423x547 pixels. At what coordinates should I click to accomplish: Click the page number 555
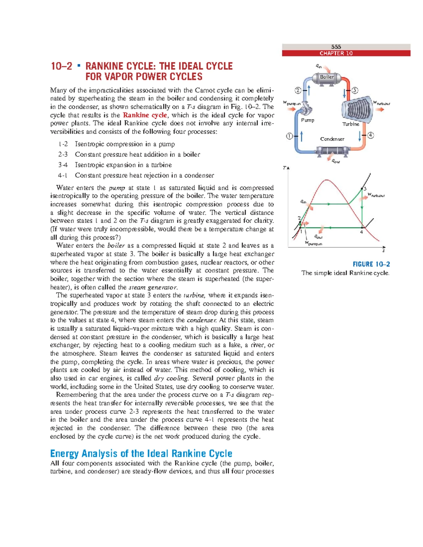[336, 47]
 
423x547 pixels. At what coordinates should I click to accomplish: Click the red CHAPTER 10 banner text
[336, 53]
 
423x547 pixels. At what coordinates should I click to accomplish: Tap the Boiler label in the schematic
[327, 77]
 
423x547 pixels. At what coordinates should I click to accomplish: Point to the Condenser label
[332, 139]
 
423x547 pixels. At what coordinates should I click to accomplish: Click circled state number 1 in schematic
[289, 136]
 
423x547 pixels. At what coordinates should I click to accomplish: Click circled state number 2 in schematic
[298, 91]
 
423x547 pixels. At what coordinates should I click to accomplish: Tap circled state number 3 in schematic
[355, 91]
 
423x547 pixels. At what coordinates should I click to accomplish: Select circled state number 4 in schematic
[370, 135]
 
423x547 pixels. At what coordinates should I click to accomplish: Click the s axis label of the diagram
[384, 251]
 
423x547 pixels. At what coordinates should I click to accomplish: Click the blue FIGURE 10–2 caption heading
[371, 264]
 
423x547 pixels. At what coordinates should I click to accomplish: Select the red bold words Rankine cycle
[145, 115]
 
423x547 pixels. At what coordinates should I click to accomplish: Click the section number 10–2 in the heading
[62, 66]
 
